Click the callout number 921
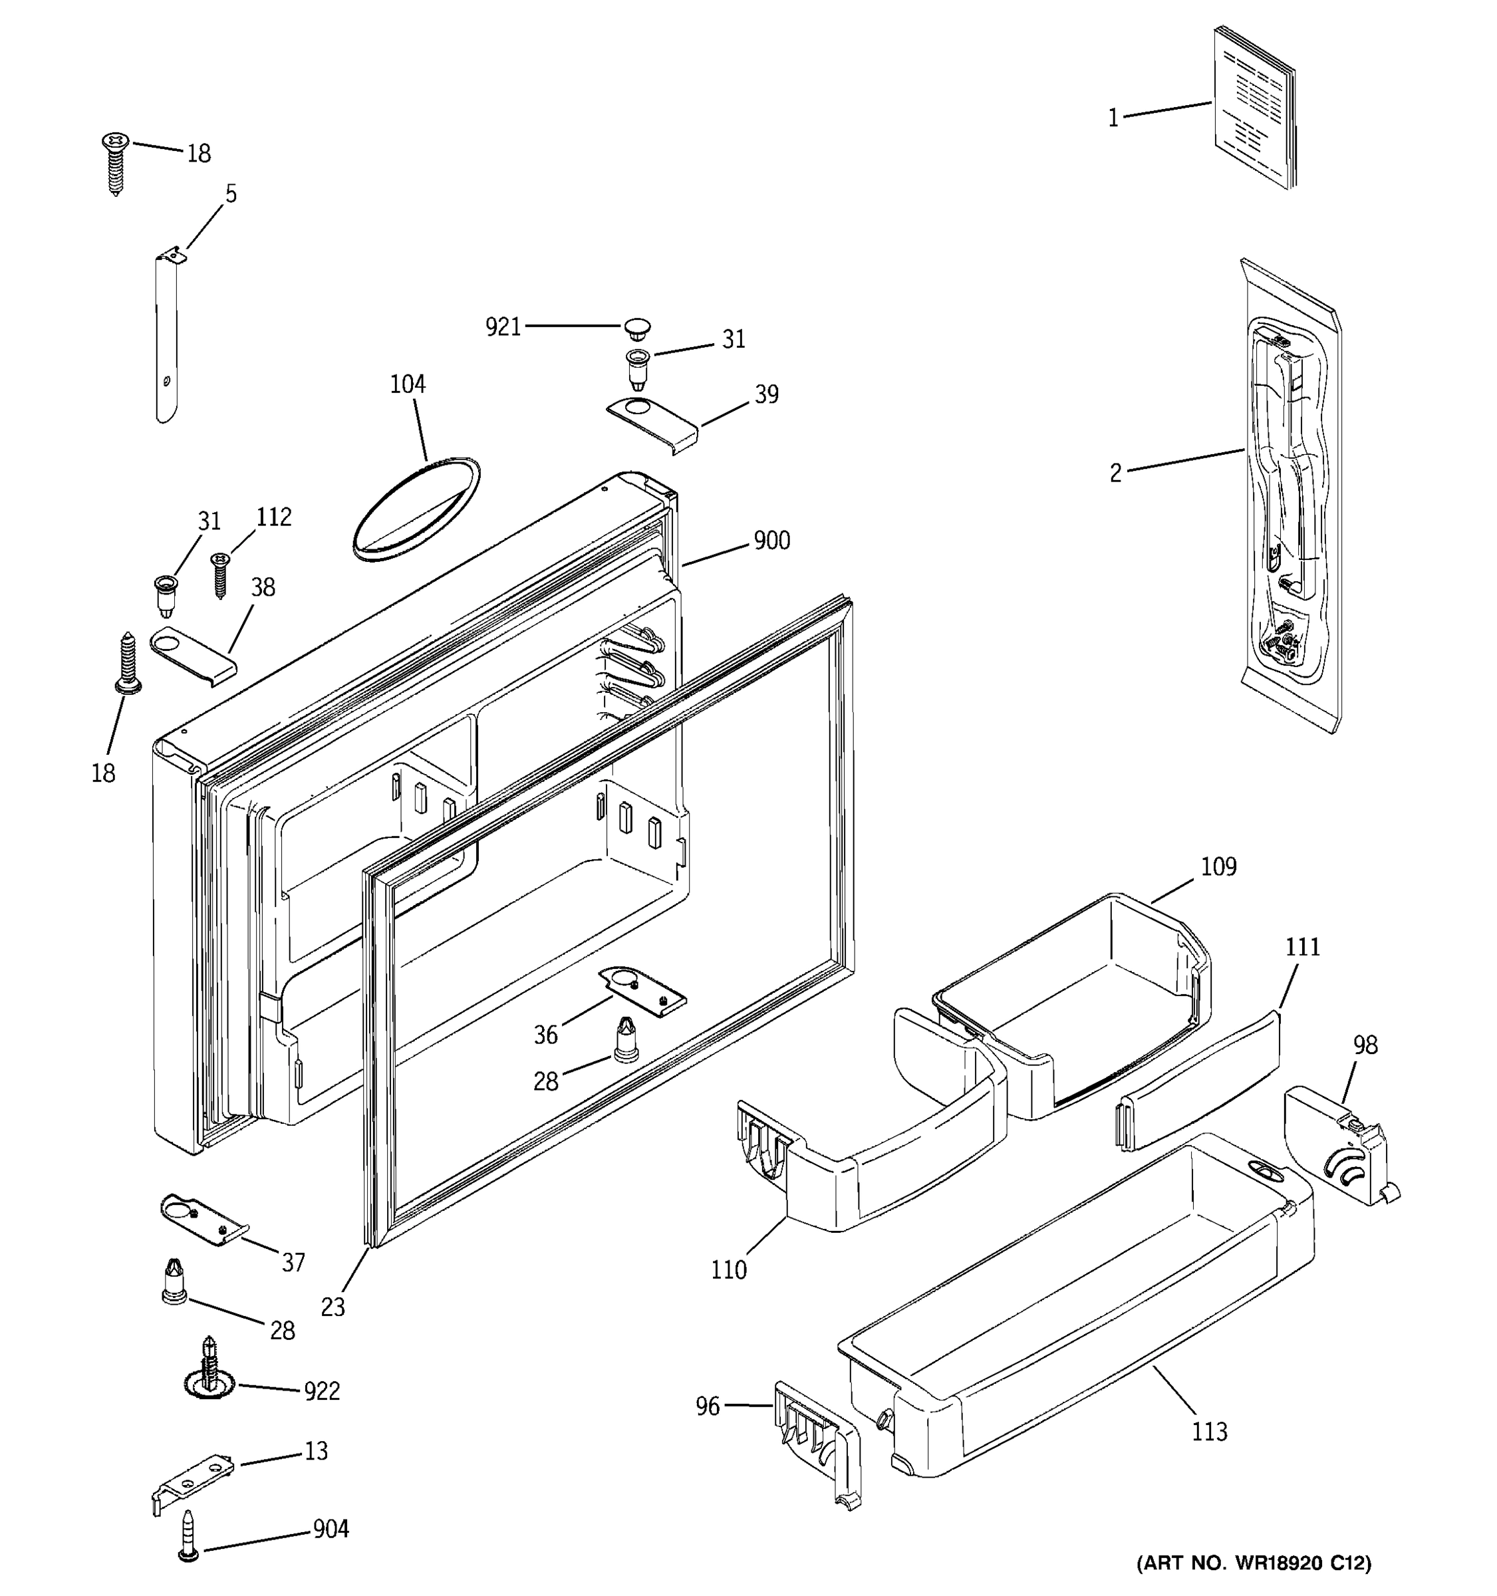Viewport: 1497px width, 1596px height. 503,327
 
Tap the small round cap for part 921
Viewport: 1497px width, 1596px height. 637,329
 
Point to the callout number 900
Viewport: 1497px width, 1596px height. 771,541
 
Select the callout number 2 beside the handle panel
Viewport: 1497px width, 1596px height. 1115,473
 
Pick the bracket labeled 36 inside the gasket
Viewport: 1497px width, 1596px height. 643,991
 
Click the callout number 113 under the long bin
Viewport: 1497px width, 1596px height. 1209,1432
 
